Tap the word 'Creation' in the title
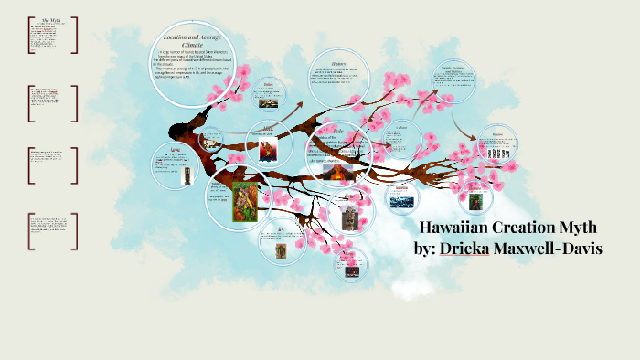pyautogui.click(x=538, y=228)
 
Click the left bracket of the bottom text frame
pyautogui.click(x=30, y=231)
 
